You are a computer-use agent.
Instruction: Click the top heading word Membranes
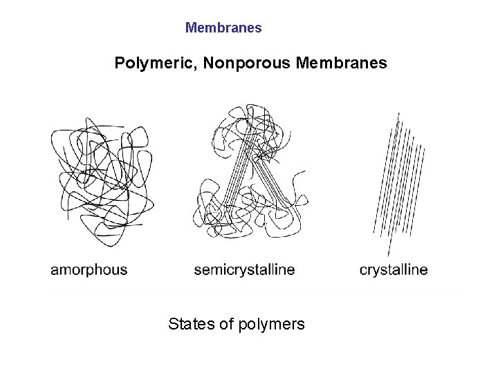pos(223,28)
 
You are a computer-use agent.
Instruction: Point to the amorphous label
pos(89,269)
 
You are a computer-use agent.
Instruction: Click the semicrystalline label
pos(244,269)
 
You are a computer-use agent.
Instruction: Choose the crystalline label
pos(394,269)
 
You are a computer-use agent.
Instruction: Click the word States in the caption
pos(191,323)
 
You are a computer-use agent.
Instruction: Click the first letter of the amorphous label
pos(55,270)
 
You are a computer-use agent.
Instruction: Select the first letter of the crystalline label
pos(363,270)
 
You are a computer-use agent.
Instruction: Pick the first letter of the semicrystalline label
pos(198,270)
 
